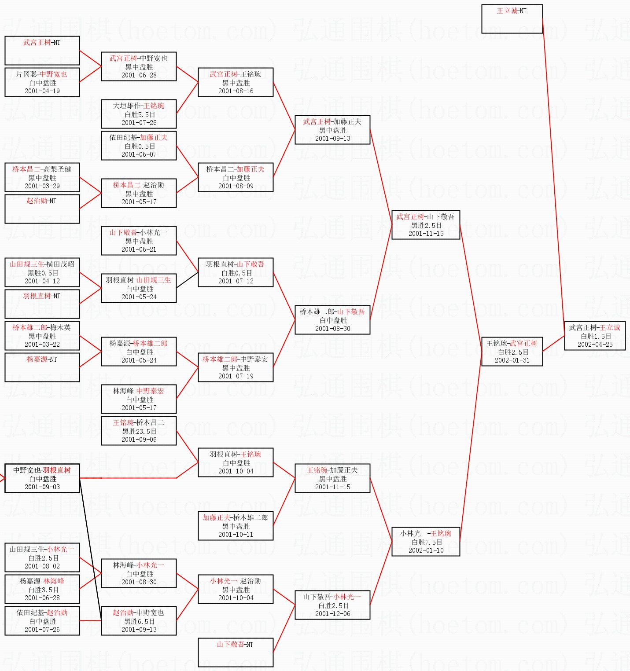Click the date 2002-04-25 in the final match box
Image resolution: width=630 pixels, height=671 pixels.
tap(595, 345)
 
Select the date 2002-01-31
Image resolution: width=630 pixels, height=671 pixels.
tap(512, 360)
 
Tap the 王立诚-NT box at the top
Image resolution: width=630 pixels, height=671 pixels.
tap(512, 18)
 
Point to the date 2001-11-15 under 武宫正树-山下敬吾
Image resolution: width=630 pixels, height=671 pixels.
tap(426, 234)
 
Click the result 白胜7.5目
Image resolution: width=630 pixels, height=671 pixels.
tap(426, 542)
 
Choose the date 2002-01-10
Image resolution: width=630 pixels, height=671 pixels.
tap(426, 550)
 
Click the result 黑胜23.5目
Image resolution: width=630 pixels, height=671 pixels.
tap(139, 431)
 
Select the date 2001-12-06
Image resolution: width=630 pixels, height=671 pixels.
tap(332, 614)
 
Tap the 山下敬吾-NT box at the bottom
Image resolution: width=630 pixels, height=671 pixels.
tap(236, 652)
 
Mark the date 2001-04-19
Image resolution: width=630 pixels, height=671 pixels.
tap(42, 91)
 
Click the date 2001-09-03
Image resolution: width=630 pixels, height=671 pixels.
tap(42, 487)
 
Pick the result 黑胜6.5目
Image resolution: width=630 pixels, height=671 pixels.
tap(139, 621)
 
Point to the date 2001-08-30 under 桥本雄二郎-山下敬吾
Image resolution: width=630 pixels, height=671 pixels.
tap(332, 329)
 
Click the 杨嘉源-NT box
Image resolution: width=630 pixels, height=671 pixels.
tap(42, 367)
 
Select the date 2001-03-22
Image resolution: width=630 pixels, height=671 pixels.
tap(42, 345)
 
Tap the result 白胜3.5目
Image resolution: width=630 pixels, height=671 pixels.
tap(42, 590)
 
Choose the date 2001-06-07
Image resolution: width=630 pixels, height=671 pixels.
tap(139, 154)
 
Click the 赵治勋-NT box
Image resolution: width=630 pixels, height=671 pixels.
tap(42, 209)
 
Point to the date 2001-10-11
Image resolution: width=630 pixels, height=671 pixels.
tap(236, 535)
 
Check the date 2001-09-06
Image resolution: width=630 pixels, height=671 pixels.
tap(139, 440)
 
